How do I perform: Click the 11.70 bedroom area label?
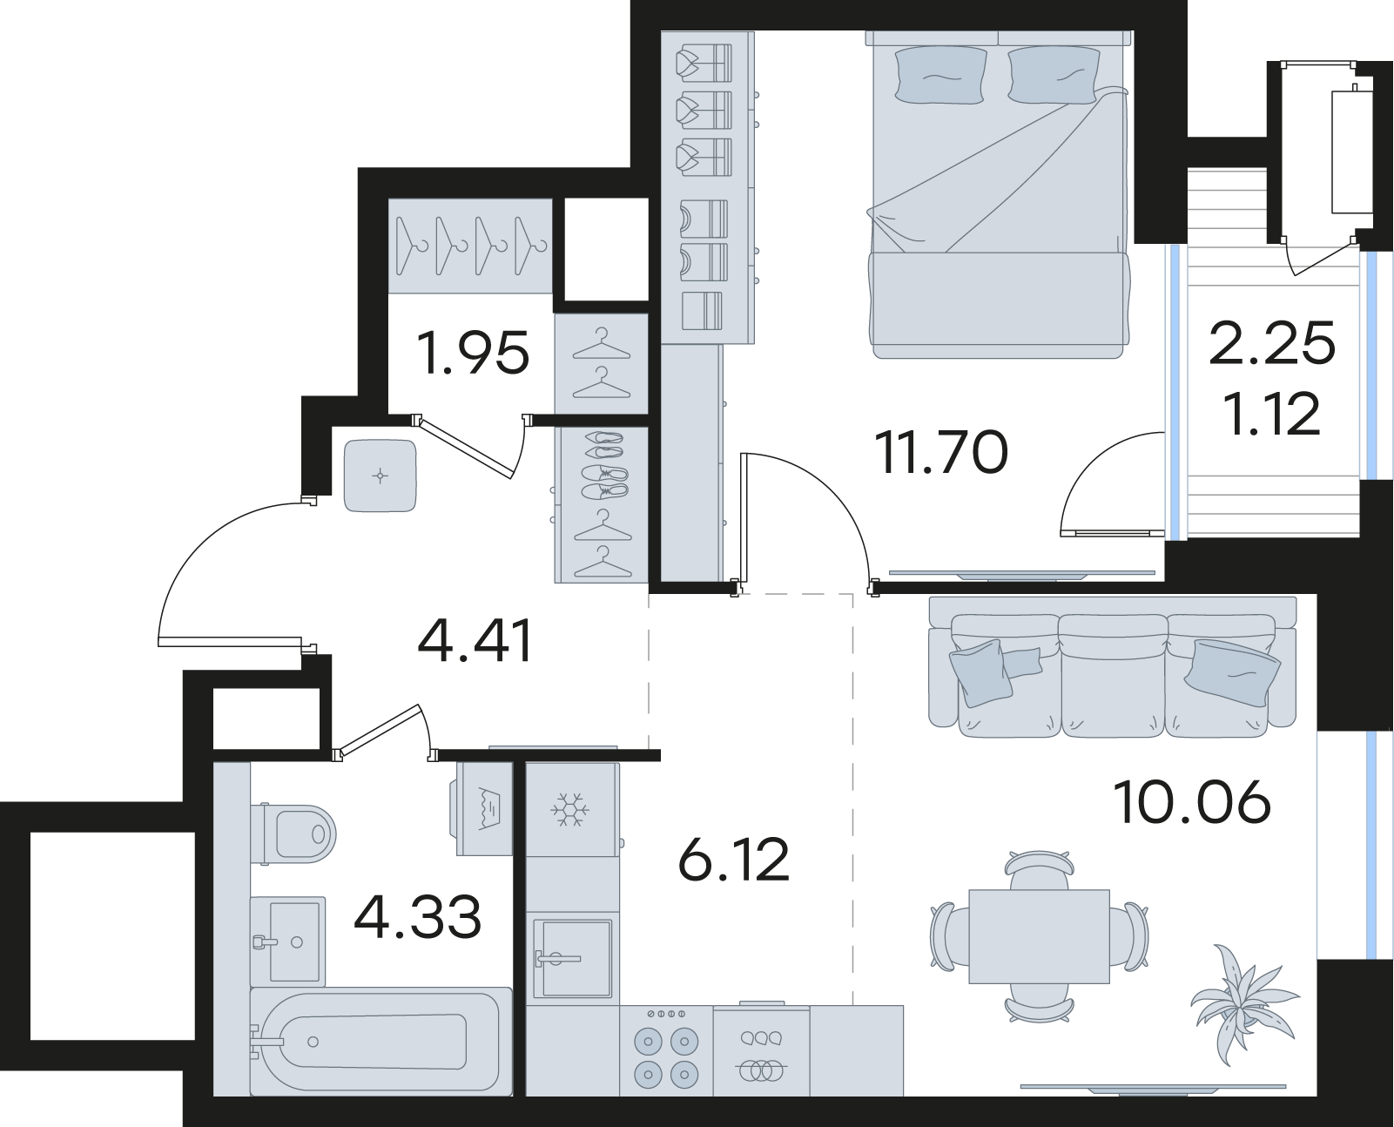pyautogui.click(x=941, y=453)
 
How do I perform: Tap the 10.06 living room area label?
pyautogui.click(x=1191, y=803)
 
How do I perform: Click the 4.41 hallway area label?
pyautogui.click(x=475, y=641)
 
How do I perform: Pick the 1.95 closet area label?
pyautogui.click(x=473, y=354)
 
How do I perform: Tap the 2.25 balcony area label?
pyautogui.click(x=1271, y=343)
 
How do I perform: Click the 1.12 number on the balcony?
pyautogui.click(x=1274, y=415)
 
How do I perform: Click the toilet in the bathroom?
pyautogui.click(x=293, y=833)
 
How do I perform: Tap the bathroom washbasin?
pyautogui.click(x=288, y=941)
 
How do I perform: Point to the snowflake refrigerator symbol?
pyautogui.click(x=570, y=809)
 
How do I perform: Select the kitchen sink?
pyautogui.click(x=572, y=959)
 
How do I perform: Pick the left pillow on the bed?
pyautogui.click(x=939, y=75)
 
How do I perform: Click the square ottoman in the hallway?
pyautogui.click(x=380, y=476)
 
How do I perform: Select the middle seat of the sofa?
pyautogui.click(x=1113, y=678)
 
